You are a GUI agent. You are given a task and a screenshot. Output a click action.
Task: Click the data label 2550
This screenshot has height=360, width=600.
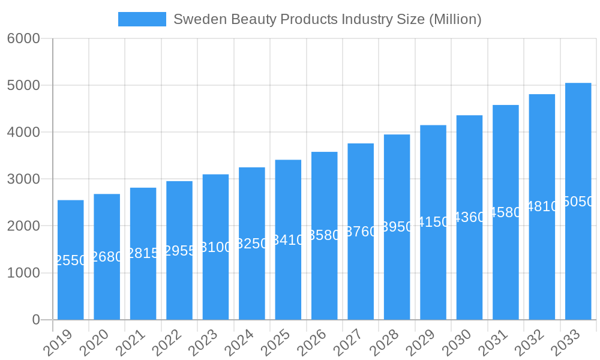(x=71, y=260)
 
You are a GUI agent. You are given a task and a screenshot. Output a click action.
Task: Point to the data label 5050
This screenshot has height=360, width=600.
(x=578, y=202)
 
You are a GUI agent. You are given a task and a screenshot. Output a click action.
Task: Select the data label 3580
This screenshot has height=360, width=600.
(x=324, y=235)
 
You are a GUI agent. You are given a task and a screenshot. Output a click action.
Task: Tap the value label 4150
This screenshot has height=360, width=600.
(x=433, y=222)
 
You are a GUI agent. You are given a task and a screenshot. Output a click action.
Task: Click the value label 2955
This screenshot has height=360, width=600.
(x=179, y=251)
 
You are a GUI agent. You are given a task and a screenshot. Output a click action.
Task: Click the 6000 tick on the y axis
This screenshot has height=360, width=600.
(x=23, y=38)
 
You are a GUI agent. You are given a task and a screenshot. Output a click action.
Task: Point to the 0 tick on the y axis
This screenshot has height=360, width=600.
(x=36, y=320)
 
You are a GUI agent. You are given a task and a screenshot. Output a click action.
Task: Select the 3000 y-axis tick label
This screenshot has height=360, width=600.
(x=23, y=179)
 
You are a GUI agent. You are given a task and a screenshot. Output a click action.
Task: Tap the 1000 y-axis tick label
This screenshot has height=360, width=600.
(x=23, y=273)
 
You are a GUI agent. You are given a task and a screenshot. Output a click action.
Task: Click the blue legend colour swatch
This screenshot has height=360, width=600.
(x=142, y=19)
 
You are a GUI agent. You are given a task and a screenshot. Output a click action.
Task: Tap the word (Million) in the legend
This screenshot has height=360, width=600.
(x=455, y=19)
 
